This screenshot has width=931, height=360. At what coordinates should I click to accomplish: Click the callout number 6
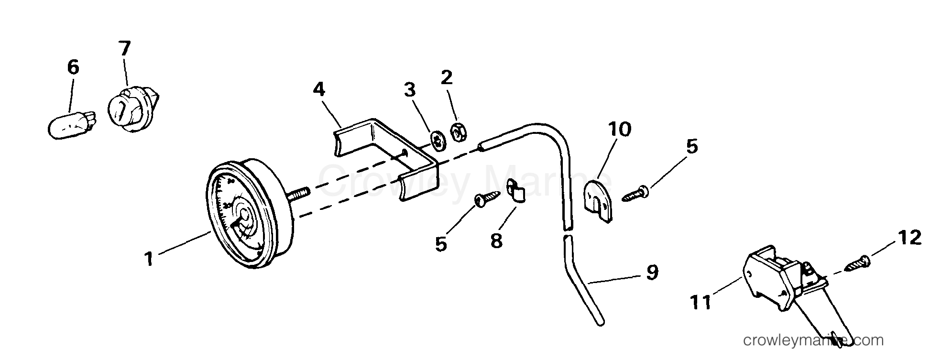click(x=73, y=68)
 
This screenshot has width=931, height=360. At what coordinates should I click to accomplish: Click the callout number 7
click(x=125, y=49)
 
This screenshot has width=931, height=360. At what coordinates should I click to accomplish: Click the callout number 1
click(x=149, y=259)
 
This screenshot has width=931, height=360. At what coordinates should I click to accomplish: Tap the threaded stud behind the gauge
click(x=298, y=193)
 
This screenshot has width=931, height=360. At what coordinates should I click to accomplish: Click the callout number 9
click(x=651, y=273)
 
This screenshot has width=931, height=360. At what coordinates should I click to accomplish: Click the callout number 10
click(x=620, y=129)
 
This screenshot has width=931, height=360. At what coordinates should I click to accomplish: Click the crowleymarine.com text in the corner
click(x=813, y=341)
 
